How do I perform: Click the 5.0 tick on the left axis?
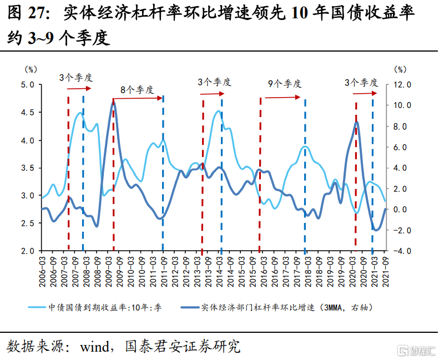click(x=28, y=85)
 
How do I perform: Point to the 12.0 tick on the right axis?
click(x=401, y=85)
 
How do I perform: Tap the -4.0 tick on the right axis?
click(x=401, y=251)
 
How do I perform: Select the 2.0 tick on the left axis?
click(x=28, y=251)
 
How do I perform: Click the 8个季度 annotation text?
click(x=137, y=89)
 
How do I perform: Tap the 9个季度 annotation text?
click(x=285, y=84)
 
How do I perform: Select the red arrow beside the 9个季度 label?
click(x=282, y=98)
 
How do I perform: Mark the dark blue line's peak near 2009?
click(x=113, y=102)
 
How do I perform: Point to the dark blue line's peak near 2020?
click(x=356, y=123)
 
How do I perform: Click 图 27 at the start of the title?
click(x=28, y=13)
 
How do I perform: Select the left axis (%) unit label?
click(x=31, y=69)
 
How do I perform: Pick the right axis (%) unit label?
click(x=400, y=69)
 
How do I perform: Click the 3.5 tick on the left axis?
click(x=28, y=168)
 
